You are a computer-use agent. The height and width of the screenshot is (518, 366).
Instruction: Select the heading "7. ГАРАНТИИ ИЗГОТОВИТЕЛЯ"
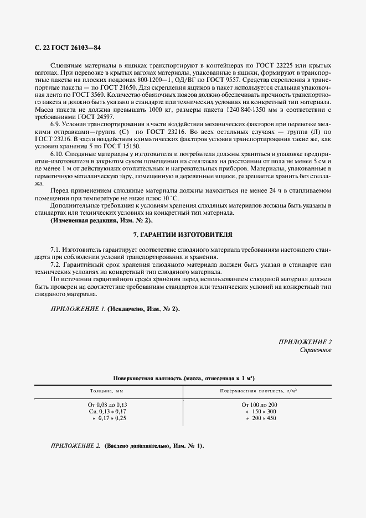(x=183, y=234)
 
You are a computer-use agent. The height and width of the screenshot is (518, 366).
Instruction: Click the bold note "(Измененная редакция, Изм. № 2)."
(x=94, y=220)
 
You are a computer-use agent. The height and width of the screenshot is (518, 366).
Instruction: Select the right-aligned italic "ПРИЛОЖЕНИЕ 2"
(x=305, y=342)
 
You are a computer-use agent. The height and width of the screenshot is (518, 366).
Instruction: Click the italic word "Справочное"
(x=316, y=350)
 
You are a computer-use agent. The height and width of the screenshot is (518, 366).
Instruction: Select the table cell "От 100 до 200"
(x=256, y=405)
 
